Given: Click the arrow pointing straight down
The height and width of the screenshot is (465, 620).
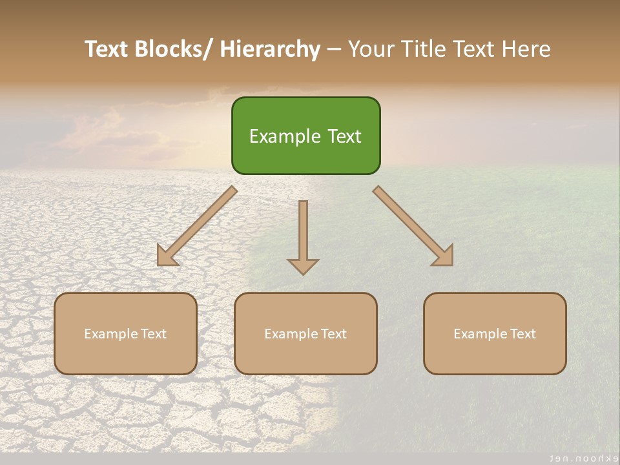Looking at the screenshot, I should click(303, 232).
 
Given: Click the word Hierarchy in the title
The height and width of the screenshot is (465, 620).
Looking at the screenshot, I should click(270, 50).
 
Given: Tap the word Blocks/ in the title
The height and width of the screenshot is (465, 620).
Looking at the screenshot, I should click(175, 50).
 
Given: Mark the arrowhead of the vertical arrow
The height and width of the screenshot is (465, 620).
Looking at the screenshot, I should click(303, 266).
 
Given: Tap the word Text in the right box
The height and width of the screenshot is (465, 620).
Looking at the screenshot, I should click(522, 334).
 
